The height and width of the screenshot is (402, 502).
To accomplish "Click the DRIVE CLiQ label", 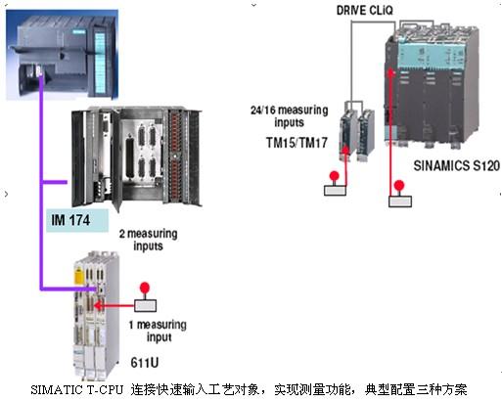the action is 365,11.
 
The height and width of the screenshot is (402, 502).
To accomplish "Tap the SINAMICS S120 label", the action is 457,165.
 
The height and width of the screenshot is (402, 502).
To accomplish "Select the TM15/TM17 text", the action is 297,143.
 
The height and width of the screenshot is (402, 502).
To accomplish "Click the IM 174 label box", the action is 77,220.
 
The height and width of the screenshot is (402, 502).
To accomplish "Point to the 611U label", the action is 145,363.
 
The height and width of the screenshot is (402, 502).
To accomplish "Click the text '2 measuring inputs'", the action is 149,240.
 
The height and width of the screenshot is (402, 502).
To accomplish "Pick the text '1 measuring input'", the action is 158,331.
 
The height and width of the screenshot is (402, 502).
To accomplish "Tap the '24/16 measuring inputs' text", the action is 290,116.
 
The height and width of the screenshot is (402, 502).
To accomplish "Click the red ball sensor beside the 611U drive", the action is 145,289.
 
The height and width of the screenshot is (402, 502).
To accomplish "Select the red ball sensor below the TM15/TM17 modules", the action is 335,177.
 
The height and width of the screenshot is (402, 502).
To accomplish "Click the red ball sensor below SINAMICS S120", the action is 399,186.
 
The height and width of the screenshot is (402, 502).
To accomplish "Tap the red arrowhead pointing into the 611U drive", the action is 97,305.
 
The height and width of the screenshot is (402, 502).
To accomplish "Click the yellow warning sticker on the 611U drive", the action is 79,276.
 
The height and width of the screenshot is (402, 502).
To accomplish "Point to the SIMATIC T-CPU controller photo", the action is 63,54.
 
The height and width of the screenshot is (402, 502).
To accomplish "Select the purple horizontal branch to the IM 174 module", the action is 55,182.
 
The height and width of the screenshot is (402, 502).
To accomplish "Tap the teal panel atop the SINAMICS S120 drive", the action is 431,56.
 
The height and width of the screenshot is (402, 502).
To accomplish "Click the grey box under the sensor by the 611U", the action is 145,306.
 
